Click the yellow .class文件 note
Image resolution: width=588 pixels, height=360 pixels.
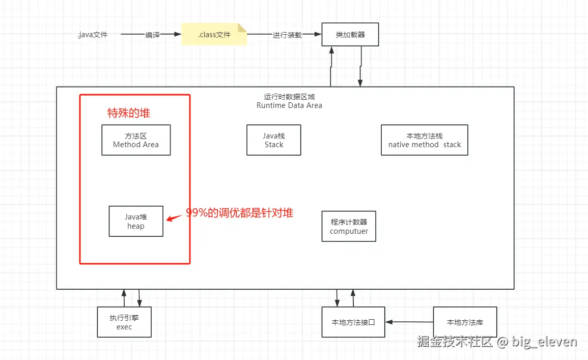pos(214,35)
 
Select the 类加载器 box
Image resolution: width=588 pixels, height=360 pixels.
pos(350,35)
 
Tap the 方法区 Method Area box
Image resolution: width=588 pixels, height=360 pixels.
pos(136,140)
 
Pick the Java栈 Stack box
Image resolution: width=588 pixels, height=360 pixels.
pos(274,140)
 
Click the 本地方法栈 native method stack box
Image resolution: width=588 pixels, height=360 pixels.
pos(424,140)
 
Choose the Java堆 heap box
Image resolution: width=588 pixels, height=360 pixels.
pos(136,221)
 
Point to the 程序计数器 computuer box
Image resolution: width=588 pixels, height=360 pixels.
pos(349,226)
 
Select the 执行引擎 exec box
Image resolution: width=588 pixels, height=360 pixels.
pos(124,322)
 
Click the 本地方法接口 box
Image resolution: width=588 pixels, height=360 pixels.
pos(353,322)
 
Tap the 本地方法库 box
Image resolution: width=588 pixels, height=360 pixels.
pos(465,322)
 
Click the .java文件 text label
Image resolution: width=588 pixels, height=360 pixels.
pos(93,35)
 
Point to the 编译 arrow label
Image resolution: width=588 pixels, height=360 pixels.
pos(152,35)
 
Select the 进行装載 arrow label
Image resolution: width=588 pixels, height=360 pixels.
pos(287,35)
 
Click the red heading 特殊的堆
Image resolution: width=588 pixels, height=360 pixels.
pos(129,113)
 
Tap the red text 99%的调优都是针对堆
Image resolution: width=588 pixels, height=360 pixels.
pos(239,213)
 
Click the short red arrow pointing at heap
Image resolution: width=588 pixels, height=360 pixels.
pos(175,218)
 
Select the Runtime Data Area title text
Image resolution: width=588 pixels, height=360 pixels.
pos(289,105)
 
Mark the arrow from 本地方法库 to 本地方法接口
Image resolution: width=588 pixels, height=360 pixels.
pos(409,322)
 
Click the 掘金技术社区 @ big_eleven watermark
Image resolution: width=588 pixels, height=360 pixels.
pos(497,341)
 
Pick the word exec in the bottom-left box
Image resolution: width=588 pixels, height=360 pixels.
pos(124,327)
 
